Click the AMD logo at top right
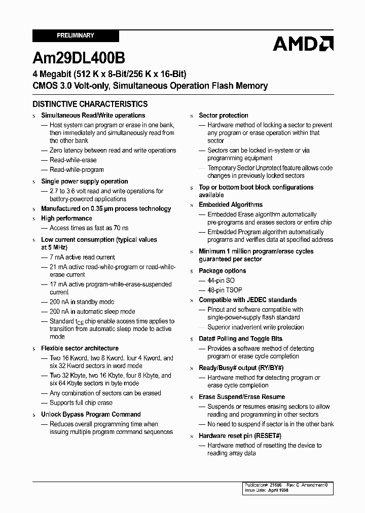tap(303, 44)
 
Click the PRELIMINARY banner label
tap(75, 35)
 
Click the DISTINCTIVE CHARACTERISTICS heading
tap(90, 104)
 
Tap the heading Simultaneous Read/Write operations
tap(93, 116)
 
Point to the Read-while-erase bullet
tap(73, 160)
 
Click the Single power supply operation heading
tap(84, 181)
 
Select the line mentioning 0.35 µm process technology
tap(106, 209)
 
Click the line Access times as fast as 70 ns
tap(89, 228)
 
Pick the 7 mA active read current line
tap(82, 258)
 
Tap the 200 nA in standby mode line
tap(82, 302)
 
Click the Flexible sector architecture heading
tap(80, 349)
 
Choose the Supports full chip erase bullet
tap(81, 403)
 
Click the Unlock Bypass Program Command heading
tap(91, 415)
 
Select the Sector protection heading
tap(224, 116)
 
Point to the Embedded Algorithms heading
tap(231, 205)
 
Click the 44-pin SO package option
tap(221, 281)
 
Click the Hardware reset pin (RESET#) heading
tap(240, 436)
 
